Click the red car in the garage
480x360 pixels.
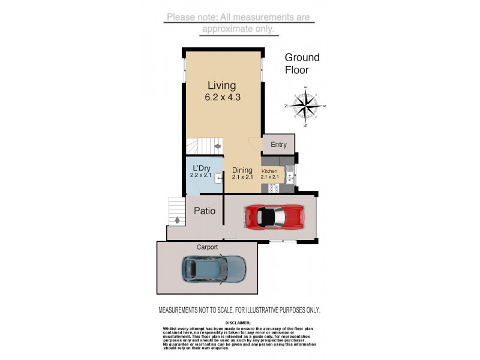[x=273, y=217]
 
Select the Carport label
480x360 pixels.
[x=206, y=247]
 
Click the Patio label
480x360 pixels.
[x=204, y=211]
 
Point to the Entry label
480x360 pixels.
[x=278, y=145]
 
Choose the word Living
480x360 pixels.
[x=221, y=86]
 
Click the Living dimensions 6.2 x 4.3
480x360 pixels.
[x=222, y=97]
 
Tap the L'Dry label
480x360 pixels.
[x=201, y=168]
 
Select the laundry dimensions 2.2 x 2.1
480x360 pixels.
[x=201, y=175]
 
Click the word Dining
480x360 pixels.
[x=242, y=170]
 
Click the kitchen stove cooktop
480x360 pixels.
[x=274, y=188]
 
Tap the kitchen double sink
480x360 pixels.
[x=290, y=176]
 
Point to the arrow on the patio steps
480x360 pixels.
[x=177, y=220]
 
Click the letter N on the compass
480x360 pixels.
[x=286, y=106]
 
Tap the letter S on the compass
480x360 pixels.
[x=325, y=107]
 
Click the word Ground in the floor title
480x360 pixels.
[x=302, y=58]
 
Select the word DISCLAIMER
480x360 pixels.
[x=239, y=322]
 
